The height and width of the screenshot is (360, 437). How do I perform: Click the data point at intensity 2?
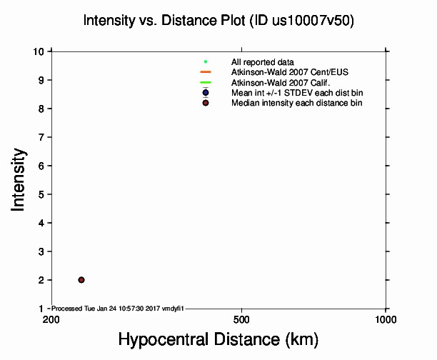pos(81,280)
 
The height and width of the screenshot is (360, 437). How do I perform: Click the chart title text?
pos(218,21)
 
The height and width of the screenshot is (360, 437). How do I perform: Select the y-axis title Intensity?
pos(19,179)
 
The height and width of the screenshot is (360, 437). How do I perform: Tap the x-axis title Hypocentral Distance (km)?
pos(218,338)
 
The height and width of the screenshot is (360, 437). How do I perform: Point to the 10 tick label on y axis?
pos(40,51)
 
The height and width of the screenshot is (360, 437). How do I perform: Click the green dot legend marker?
pos(206,62)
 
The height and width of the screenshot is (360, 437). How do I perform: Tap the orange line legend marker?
pos(206,72)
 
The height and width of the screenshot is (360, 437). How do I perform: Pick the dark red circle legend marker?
pos(206,103)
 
